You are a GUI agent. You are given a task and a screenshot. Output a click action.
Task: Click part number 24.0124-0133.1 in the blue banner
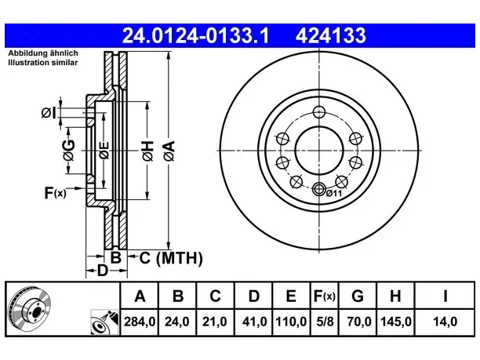click(195, 35)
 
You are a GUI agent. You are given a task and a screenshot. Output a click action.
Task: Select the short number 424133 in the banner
click(331, 35)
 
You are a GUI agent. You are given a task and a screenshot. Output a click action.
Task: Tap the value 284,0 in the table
click(140, 322)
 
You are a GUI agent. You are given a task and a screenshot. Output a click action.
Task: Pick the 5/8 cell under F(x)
click(325, 322)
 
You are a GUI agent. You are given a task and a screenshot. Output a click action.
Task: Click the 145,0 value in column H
click(395, 322)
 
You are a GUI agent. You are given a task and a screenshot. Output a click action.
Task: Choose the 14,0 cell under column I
click(445, 322)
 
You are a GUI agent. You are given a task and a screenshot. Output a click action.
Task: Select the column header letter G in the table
click(358, 296)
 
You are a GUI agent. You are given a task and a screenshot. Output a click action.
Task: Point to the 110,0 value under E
click(291, 322)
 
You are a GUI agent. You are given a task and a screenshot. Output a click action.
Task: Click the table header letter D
click(254, 296)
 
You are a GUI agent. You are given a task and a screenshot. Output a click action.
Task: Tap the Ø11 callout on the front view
click(333, 193)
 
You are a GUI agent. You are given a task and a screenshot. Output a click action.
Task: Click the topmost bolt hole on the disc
click(319, 112)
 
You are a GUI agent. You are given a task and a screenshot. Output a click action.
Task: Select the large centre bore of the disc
click(319, 151)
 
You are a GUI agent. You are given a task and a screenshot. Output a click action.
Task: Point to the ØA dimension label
click(169, 151)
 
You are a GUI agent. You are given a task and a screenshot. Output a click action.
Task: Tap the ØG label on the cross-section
click(69, 150)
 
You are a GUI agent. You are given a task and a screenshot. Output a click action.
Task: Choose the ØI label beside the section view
click(49, 113)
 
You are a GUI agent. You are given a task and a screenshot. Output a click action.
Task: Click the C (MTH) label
click(171, 258)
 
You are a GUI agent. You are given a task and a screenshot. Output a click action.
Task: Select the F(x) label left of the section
click(55, 193)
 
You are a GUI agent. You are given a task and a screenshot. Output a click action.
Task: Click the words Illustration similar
click(43, 63)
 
